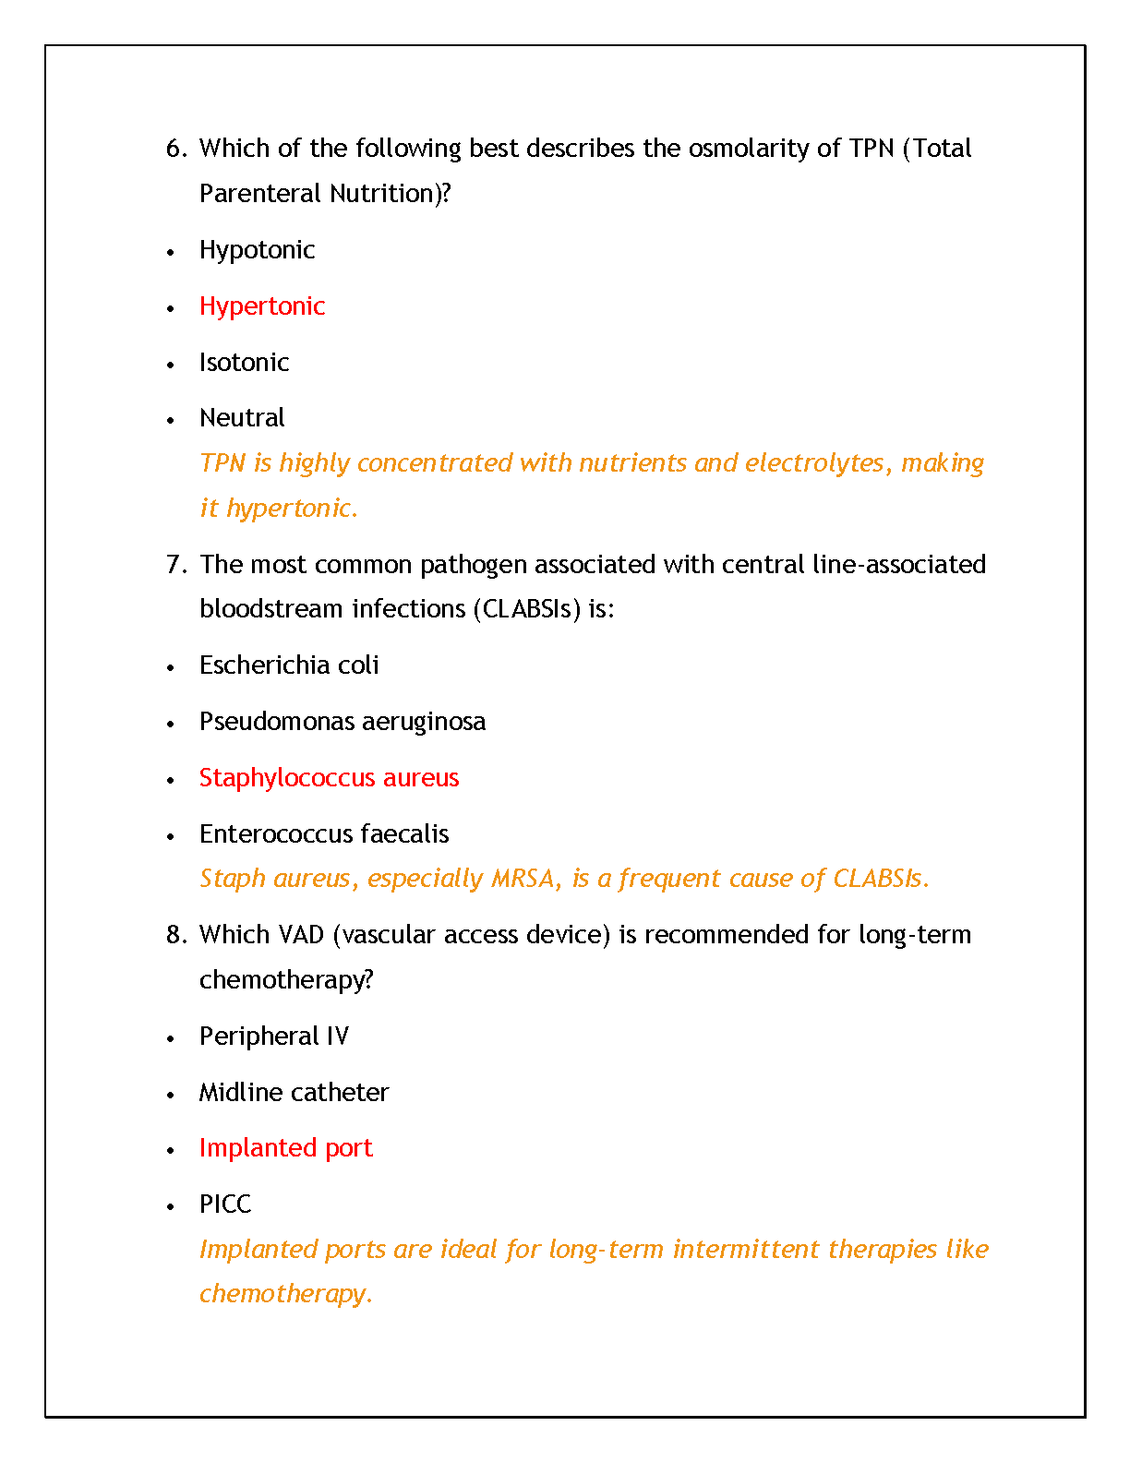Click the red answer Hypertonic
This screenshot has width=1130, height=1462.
coord(262,306)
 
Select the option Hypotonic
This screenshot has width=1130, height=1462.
coord(257,250)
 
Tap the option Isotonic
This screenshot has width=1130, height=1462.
coord(244,363)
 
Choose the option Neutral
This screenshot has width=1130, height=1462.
coord(242,418)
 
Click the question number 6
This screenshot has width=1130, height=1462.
coord(176,149)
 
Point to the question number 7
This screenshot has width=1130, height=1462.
coord(176,565)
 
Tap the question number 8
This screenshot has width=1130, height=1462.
coord(176,935)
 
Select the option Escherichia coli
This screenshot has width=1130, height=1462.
coord(289,665)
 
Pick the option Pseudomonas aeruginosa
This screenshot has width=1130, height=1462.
coord(343,722)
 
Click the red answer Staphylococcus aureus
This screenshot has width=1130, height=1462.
coord(329,778)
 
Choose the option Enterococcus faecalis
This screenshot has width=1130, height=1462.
coord(324,834)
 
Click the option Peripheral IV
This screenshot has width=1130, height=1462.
coord(274,1037)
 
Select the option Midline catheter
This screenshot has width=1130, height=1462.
coord(294,1093)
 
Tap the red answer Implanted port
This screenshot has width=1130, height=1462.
coord(285,1148)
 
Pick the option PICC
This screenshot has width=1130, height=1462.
coord(225,1204)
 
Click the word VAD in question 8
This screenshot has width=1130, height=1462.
coord(298,935)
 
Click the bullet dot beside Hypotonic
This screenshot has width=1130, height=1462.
coord(170,252)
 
